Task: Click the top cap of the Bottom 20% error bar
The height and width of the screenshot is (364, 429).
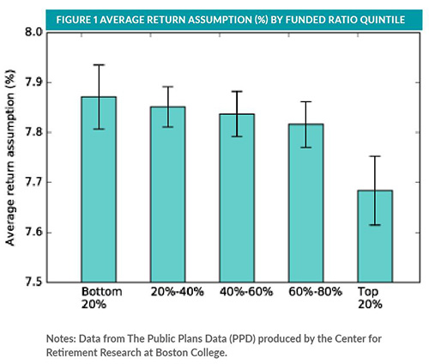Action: point(99,65)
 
